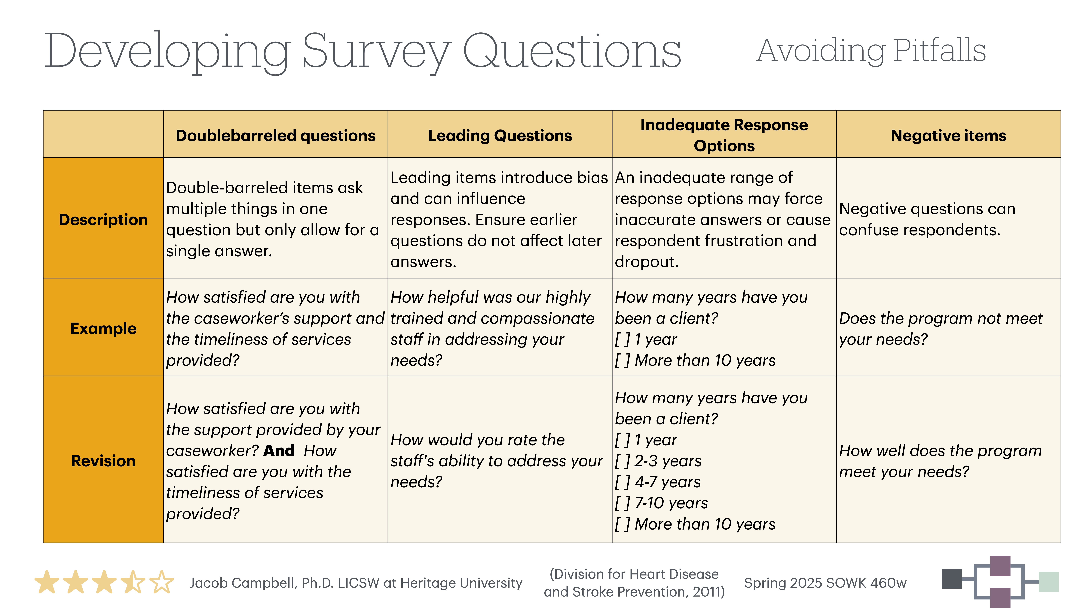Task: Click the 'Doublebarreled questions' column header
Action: tap(276, 136)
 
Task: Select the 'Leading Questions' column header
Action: tap(500, 136)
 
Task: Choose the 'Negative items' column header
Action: tap(948, 136)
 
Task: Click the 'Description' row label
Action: tap(103, 220)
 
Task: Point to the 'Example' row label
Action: tap(103, 328)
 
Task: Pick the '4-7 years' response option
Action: tap(667, 482)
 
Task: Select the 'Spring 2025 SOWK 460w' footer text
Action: tap(825, 583)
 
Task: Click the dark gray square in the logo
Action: tap(952, 579)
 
